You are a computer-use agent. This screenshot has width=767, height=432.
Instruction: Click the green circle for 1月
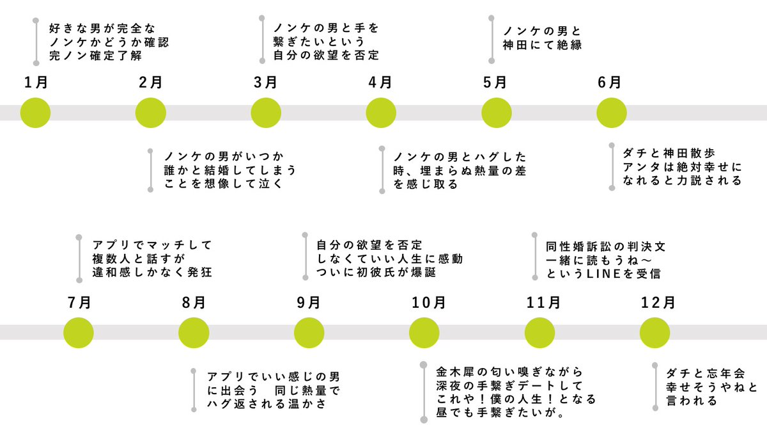[x=36, y=113]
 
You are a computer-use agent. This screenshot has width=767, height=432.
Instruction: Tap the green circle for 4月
[x=381, y=113]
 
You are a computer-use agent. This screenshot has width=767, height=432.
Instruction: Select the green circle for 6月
[x=612, y=113]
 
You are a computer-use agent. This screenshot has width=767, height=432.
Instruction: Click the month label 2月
[x=150, y=83]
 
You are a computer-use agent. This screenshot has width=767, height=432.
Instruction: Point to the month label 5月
[x=495, y=83]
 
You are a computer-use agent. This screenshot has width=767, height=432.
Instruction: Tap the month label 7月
[x=79, y=302]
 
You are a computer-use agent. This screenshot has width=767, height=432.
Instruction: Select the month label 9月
[x=309, y=302]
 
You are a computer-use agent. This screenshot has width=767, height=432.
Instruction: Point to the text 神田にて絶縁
[x=541, y=45]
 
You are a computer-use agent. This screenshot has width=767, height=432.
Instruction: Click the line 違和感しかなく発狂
[x=151, y=273]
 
